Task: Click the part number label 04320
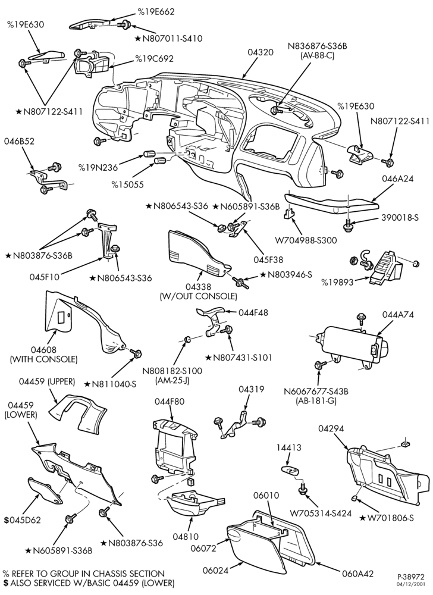point(261,52)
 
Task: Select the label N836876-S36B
point(318,46)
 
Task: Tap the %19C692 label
point(154,59)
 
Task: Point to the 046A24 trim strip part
point(332,202)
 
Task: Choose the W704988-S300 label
point(306,240)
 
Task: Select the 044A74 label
point(398,315)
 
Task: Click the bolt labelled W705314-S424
point(302,490)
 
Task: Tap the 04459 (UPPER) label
point(47,381)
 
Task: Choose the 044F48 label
point(253,313)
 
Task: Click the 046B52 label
point(19,141)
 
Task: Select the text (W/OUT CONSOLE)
point(199,296)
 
